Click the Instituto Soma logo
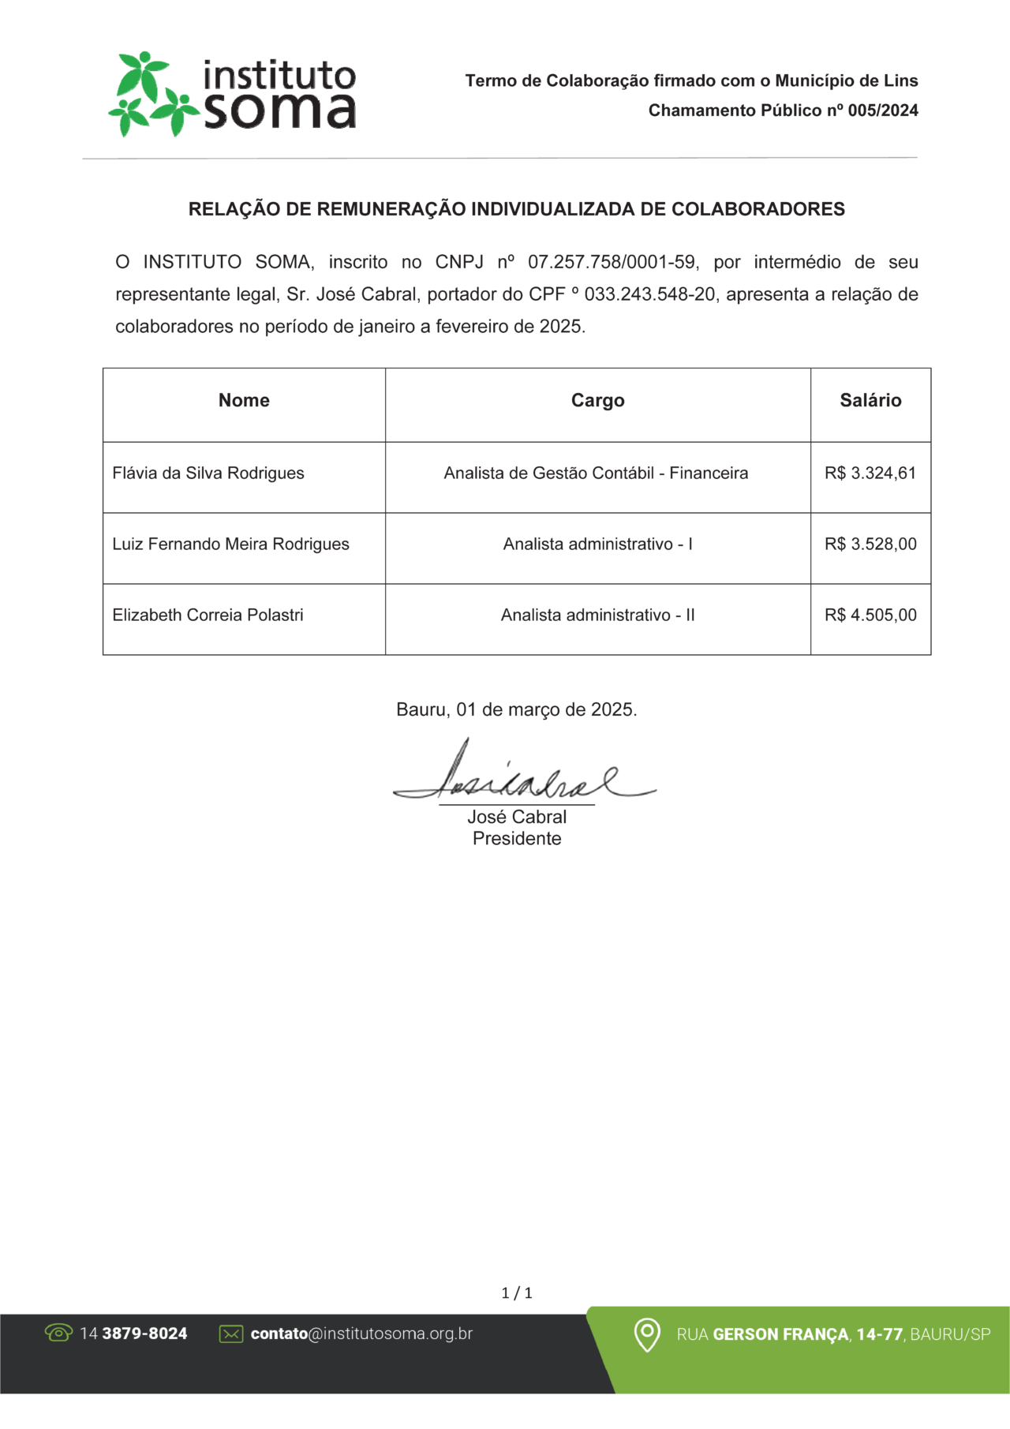tap(233, 94)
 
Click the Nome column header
tap(244, 401)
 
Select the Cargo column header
tap(597, 401)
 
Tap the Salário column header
tap(870, 401)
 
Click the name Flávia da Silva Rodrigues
tap(208, 473)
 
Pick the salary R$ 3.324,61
tap(870, 473)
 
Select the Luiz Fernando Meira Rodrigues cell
tap(230, 544)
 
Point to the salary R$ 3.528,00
tap(870, 544)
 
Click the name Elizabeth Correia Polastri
tap(208, 615)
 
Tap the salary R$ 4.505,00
tap(870, 615)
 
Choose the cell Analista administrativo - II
tap(597, 615)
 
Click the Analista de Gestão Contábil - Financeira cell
tap(596, 473)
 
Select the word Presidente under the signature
tap(517, 839)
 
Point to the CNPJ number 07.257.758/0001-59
tap(612, 262)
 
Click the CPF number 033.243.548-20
tap(649, 295)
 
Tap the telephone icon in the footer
tap(58, 1333)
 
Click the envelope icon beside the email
tap(231, 1334)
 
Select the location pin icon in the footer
tap(647, 1334)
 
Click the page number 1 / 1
tap(517, 1292)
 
